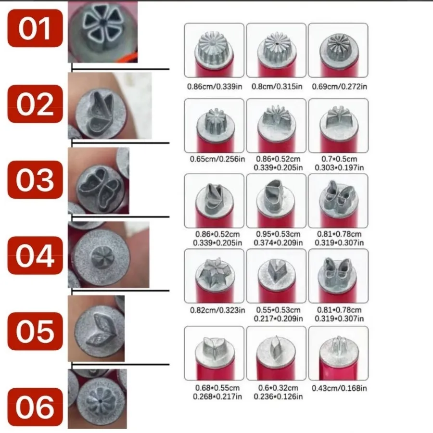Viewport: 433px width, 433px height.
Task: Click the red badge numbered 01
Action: [x=35, y=28]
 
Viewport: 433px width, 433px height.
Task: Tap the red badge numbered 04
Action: [x=35, y=255]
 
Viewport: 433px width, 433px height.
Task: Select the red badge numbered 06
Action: [x=35, y=407]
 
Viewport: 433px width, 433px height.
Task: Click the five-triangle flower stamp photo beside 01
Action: [x=103, y=32]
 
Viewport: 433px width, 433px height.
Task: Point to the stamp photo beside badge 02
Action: [x=110, y=106]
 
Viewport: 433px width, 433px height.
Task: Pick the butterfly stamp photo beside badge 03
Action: [x=99, y=181]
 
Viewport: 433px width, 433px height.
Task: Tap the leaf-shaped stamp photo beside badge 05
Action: [x=96, y=328]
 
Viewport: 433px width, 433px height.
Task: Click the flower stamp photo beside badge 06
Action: [x=98, y=399]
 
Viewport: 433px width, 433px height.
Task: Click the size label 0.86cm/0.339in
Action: [x=215, y=87]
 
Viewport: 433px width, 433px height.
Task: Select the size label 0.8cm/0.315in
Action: [x=277, y=87]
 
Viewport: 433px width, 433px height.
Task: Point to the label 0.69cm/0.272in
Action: [x=339, y=87]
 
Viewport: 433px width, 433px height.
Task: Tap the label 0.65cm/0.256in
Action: [x=217, y=159]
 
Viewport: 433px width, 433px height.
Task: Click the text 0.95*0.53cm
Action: [x=278, y=234]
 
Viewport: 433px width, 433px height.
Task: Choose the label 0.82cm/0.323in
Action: [x=217, y=310]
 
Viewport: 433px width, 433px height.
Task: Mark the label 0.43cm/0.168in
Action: [x=339, y=388]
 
